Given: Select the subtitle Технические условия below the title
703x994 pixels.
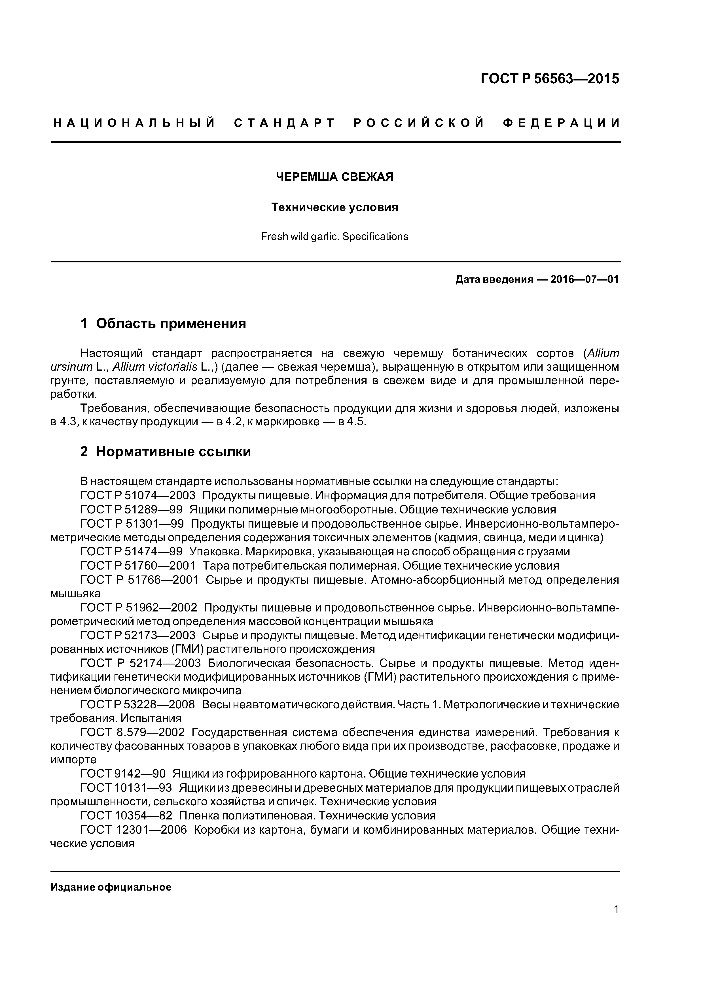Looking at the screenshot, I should point(335,207).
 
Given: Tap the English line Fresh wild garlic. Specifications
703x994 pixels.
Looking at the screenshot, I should point(335,236).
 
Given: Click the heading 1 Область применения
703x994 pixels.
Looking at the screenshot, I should point(163,323).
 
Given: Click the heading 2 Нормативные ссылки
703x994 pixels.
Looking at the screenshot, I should point(166,452).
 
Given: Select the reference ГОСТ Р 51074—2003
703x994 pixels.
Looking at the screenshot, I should point(138,495).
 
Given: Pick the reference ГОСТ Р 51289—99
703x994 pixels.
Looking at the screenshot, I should point(131,509).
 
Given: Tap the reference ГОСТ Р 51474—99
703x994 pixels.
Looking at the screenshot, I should point(131,552).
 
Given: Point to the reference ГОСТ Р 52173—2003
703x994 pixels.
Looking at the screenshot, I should point(138,636).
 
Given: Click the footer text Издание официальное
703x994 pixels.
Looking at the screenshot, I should point(111,887).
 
